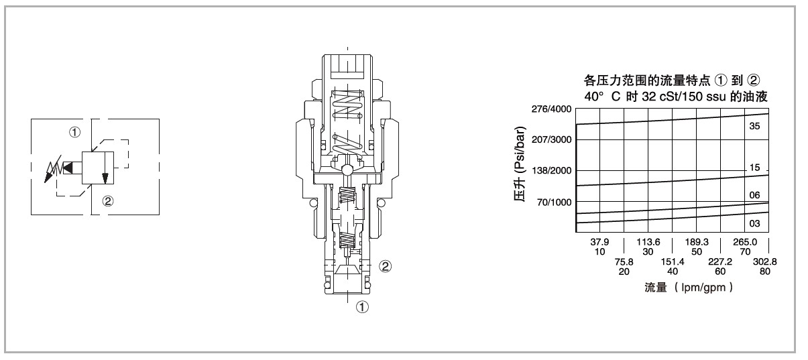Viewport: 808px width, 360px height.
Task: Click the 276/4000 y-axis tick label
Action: coord(552,109)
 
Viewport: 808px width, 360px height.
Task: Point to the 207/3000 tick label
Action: coord(552,139)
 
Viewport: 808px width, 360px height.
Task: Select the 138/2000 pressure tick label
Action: coord(552,171)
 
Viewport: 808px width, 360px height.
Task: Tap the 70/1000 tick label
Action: coord(555,202)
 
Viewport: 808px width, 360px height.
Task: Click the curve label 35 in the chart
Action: coord(754,126)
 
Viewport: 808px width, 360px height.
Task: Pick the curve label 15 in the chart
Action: coord(754,168)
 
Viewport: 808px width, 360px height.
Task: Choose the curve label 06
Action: coord(754,195)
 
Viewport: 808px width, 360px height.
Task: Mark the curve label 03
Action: coord(754,224)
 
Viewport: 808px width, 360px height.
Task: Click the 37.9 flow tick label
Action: coord(599,242)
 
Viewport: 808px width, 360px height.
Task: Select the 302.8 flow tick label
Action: coord(764,261)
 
